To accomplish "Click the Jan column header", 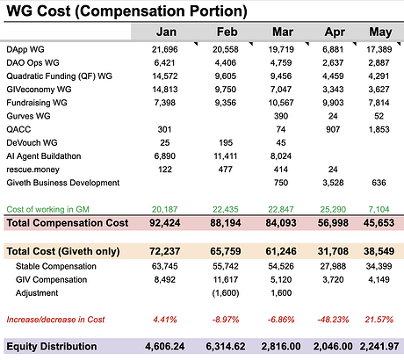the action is (x=166, y=32).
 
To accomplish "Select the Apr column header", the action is (x=335, y=32).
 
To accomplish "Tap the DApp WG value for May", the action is (x=379, y=49).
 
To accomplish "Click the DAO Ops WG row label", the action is (x=32, y=62).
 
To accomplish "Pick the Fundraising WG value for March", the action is (x=281, y=103).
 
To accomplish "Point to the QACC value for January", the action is (x=164, y=129).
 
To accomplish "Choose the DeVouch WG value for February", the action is (x=226, y=143).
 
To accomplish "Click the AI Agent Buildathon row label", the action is (x=44, y=156).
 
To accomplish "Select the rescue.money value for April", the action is (x=333, y=169).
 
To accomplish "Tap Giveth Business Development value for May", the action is (x=379, y=183).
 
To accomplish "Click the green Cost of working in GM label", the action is (x=47, y=210).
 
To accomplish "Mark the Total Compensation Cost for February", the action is (x=226, y=223).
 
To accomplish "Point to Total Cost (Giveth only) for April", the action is (x=333, y=251).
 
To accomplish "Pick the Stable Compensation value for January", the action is (x=164, y=266).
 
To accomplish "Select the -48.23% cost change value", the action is (x=333, y=320).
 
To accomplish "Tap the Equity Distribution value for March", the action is (x=281, y=347).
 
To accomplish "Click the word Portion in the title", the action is (x=219, y=11).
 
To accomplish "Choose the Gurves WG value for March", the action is (x=281, y=116).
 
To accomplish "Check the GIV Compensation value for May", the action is (x=379, y=280).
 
